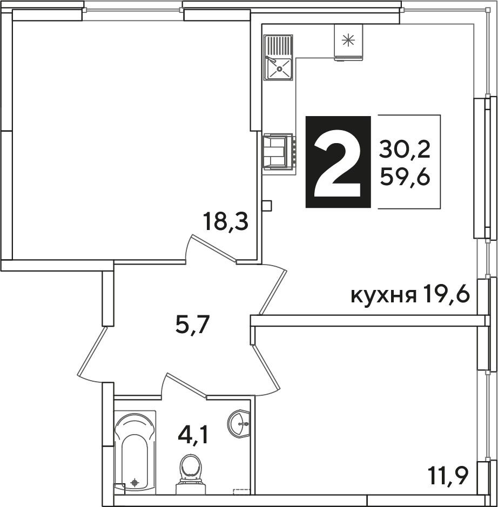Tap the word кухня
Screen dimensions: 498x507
(383, 296)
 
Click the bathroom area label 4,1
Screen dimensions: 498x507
(192, 435)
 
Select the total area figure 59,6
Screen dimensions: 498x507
(405, 177)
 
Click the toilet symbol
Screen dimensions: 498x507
(191, 475)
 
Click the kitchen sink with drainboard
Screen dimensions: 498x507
(278, 58)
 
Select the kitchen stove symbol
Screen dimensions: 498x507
(279, 152)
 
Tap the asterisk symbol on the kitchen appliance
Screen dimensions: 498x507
(348, 40)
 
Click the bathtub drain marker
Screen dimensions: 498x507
(135, 483)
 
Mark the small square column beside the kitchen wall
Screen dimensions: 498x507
(267, 206)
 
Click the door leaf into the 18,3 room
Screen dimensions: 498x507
(214, 247)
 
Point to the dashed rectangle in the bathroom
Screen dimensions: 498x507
(242, 491)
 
